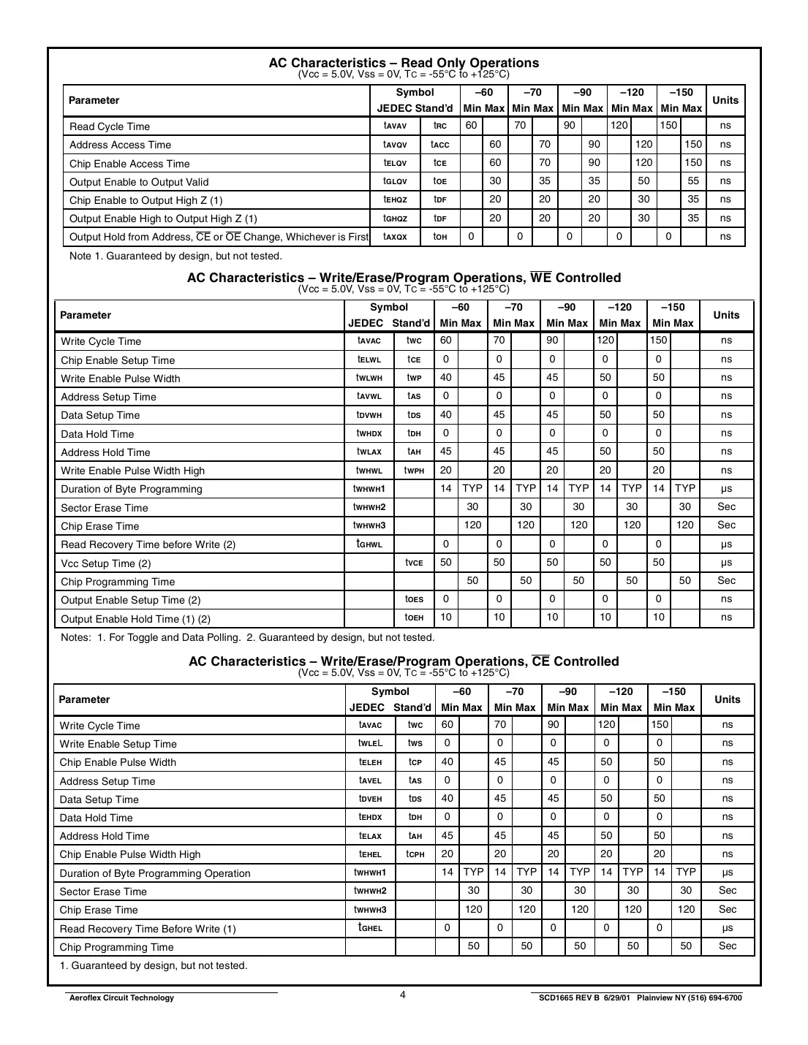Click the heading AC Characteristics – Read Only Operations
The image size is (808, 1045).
(404, 63)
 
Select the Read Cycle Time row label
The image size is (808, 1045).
(110, 126)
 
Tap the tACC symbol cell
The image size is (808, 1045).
(439, 145)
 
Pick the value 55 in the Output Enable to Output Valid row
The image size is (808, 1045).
(693, 181)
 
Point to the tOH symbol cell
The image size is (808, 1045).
(439, 237)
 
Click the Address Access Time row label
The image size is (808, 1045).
(120, 145)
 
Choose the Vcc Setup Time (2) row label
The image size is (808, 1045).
(105, 563)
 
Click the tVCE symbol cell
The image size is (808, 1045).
(414, 563)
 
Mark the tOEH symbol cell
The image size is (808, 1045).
(414, 618)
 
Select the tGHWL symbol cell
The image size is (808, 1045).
(369, 544)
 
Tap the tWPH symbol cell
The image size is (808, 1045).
(414, 471)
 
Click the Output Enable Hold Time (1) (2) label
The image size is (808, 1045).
(135, 619)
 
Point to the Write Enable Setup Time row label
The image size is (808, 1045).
(118, 744)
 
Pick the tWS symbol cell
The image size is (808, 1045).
(415, 744)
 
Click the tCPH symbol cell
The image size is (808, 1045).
(415, 854)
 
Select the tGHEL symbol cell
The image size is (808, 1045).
(370, 928)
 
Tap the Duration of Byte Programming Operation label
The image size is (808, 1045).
(154, 873)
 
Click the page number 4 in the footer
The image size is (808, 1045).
(403, 995)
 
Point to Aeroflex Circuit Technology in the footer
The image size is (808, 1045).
(121, 998)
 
